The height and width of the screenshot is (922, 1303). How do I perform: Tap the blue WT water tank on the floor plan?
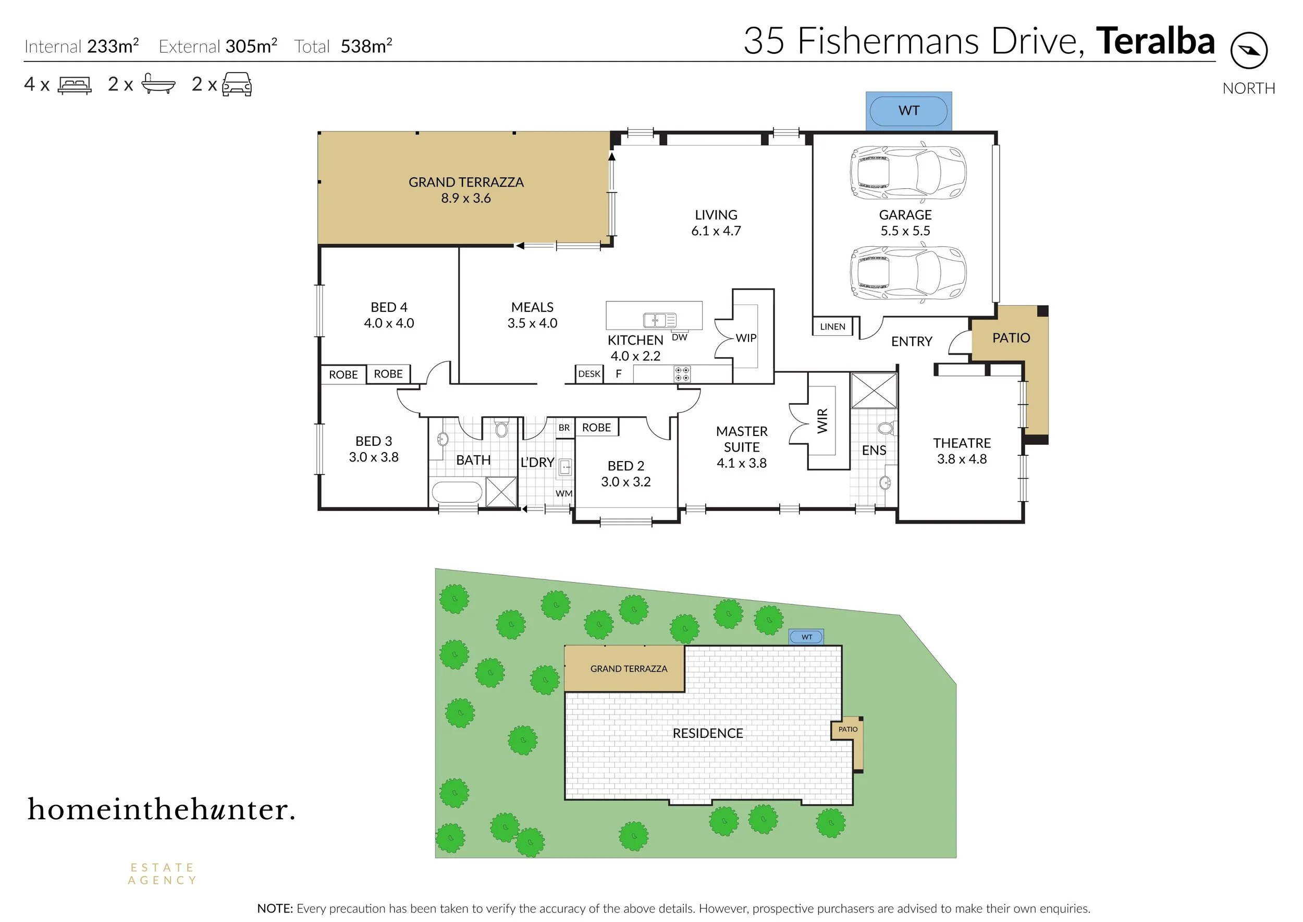[x=908, y=111]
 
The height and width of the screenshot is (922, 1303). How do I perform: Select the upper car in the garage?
[x=908, y=173]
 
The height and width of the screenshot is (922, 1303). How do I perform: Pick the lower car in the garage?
[x=908, y=273]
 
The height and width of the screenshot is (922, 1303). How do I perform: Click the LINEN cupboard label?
[x=832, y=326]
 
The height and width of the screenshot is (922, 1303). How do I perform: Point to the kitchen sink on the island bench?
[x=659, y=320]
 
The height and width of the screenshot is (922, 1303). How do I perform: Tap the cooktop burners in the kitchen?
[x=682, y=374]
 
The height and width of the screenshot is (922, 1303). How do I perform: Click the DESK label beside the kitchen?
[x=589, y=373]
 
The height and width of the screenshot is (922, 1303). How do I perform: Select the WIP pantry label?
[x=746, y=338]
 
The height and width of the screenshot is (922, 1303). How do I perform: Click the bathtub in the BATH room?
[x=457, y=492]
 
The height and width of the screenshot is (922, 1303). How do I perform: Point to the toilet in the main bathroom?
[x=500, y=428]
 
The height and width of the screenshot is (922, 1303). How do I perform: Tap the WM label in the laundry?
[x=563, y=493]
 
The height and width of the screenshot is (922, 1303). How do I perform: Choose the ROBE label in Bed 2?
[x=596, y=428]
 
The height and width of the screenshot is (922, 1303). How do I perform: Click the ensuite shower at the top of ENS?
[x=874, y=390]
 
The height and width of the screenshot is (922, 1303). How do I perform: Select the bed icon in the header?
[x=75, y=85]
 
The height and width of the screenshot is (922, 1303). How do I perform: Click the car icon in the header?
[x=237, y=84]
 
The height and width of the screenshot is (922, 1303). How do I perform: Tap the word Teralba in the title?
[x=1156, y=41]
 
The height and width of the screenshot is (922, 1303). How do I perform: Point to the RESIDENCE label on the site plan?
[x=708, y=733]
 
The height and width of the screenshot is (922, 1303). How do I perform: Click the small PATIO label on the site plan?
[x=848, y=729]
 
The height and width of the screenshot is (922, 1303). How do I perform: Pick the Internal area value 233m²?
[x=113, y=45]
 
